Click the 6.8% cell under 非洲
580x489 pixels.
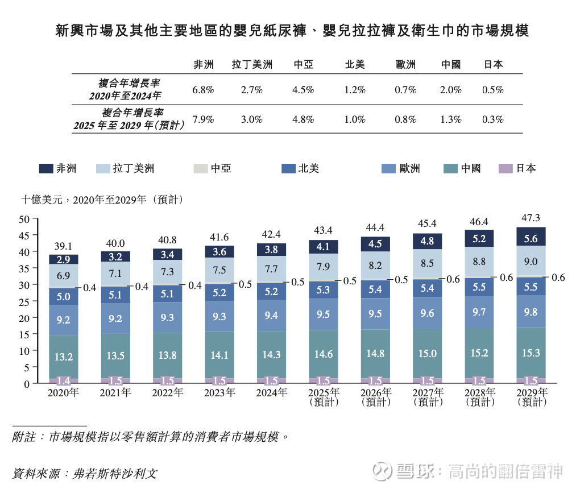click(203, 90)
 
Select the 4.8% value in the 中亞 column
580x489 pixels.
click(303, 119)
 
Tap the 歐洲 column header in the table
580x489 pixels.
click(405, 64)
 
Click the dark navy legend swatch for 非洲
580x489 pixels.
click(46, 168)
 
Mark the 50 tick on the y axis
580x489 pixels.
click(24, 219)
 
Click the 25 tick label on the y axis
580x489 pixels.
click(24, 301)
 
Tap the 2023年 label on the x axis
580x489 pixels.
click(219, 393)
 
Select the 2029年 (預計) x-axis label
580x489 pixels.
click(532, 397)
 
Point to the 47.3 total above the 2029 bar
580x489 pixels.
click(531, 218)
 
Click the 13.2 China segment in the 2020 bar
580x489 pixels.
click(63, 357)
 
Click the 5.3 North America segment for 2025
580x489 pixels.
click(324, 290)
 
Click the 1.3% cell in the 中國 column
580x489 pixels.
click(451, 119)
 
